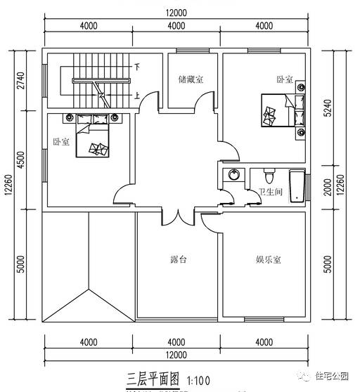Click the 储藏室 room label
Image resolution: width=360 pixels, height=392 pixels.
coord(191,80)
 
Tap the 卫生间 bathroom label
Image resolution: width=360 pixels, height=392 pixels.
coord(270,192)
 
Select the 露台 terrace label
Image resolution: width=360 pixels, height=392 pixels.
coord(179,259)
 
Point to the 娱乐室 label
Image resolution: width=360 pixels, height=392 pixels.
coord(268,259)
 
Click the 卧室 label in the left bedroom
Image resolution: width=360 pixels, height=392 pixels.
coord(61,141)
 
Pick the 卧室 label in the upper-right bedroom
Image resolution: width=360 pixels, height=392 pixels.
coord(283,80)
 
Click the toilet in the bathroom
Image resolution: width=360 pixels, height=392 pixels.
coord(268,173)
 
